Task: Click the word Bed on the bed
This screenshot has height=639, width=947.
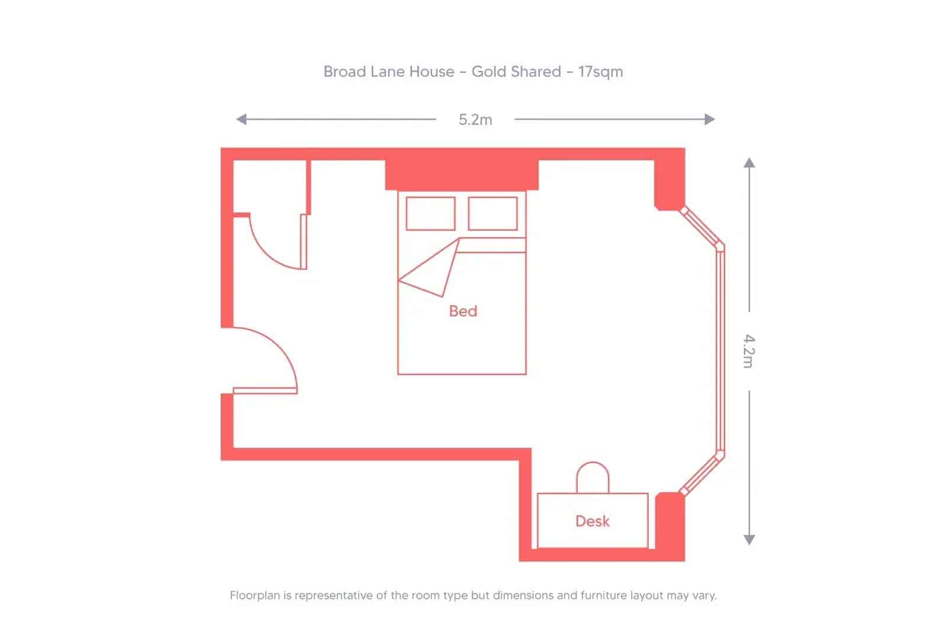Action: (463, 311)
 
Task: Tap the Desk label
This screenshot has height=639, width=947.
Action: (592, 521)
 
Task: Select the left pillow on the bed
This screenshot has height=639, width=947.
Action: (430, 213)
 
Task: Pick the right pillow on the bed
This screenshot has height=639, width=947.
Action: (492, 213)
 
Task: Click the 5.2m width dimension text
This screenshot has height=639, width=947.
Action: (475, 120)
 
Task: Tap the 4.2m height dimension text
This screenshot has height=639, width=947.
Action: (749, 351)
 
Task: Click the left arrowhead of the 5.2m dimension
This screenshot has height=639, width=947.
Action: (241, 120)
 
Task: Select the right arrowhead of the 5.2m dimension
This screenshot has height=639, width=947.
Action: (710, 120)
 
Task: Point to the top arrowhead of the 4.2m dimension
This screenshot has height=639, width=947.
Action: (749, 163)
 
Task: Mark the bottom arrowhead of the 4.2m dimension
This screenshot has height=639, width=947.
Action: (749, 540)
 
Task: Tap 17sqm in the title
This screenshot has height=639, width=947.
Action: (600, 72)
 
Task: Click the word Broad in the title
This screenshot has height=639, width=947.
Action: (344, 72)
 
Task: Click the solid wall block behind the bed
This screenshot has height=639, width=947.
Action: (462, 175)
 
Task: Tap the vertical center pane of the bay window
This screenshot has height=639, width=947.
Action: (720, 351)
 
